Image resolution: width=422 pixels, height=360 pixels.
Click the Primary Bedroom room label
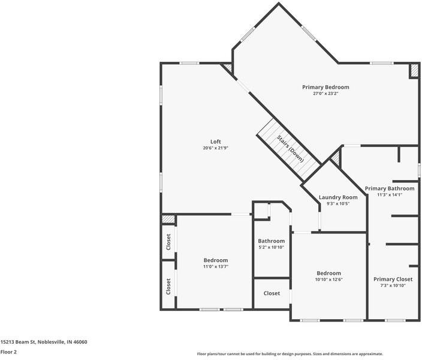click(x=325, y=87)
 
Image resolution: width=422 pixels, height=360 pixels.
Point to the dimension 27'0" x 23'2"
click(x=325, y=94)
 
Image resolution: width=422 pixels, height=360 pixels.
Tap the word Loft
click(x=215, y=142)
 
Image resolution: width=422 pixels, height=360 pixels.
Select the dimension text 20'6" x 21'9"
click(x=215, y=148)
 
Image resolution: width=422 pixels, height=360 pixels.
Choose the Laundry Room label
click(x=338, y=197)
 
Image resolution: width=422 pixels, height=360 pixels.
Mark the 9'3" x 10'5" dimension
click(x=338, y=203)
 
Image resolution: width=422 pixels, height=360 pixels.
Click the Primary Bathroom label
click(x=389, y=188)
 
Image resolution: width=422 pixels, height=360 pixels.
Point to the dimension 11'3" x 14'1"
click(x=389, y=194)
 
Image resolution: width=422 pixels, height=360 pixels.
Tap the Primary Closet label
click(x=393, y=279)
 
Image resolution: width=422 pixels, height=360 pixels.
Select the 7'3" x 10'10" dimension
click(x=393, y=286)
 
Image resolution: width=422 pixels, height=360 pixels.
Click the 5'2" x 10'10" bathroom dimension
click(x=271, y=247)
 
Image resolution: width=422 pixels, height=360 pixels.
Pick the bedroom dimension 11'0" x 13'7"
click(x=215, y=266)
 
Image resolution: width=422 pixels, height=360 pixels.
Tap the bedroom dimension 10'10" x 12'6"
click(x=328, y=279)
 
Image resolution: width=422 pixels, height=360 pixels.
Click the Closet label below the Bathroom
click(x=272, y=293)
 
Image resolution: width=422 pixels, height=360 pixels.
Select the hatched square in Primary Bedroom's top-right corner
click(x=414, y=70)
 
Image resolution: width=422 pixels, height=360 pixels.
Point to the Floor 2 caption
click(x=8, y=352)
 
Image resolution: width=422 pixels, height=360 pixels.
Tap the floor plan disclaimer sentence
click(x=290, y=354)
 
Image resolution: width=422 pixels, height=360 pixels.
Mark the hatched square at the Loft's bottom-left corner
click(x=168, y=220)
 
